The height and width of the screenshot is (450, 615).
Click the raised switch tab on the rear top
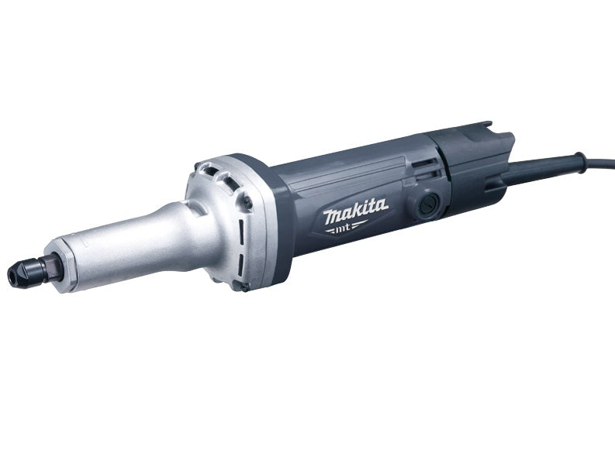click(x=485, y=128)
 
